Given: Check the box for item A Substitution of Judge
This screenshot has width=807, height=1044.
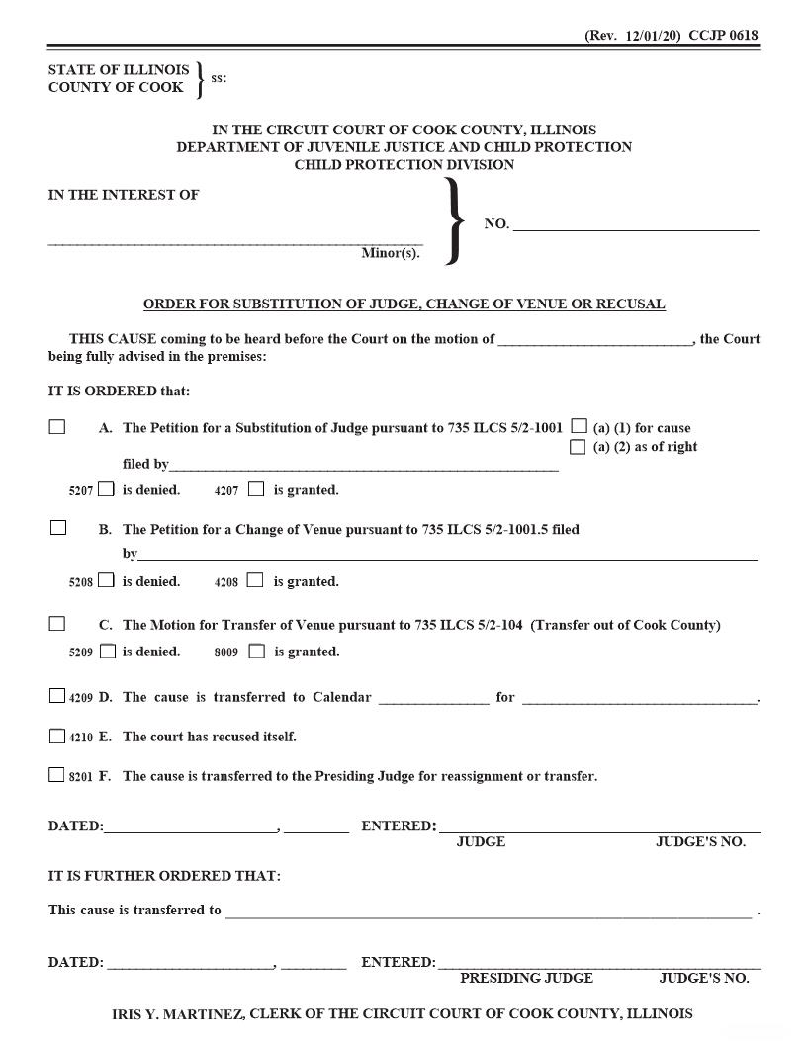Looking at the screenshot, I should (x=57, y=427).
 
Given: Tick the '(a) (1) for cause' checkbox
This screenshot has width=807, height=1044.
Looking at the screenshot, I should (x=579, y=427).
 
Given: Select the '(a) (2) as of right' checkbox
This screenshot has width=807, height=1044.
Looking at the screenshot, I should (x=578, y=447).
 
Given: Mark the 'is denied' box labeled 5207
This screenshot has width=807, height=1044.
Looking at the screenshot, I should (x=107, y=488).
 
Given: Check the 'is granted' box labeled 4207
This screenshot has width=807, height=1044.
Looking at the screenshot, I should (x=256, y=488).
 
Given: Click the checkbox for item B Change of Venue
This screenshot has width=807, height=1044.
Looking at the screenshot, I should (x=57, y=528).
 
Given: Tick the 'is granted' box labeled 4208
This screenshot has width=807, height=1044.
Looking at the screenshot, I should (x=255, y=580).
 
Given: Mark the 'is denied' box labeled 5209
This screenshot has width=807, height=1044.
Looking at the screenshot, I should (x=108, y=652).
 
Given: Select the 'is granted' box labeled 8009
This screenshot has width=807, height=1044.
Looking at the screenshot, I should (x=257, y=652).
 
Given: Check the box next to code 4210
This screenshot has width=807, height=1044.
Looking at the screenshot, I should (x=57, y=736).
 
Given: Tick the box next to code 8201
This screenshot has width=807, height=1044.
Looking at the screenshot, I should (x=57, y=775).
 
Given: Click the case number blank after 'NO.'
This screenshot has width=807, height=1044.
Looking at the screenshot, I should (x=635, y=223).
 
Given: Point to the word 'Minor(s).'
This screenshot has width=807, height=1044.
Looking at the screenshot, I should (x=390, y=254).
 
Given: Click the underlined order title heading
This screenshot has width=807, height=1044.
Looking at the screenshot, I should (x=403, y=304).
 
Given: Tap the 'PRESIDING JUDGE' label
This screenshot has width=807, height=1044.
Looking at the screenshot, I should (x=526, y=978).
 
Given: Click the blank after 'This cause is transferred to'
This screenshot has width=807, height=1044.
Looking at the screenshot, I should (x=488, y=910).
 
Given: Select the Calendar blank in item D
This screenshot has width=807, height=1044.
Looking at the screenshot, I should (x=433, y=697).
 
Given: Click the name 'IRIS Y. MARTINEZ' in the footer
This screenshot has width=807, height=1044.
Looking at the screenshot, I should (x=174, y=1014).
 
